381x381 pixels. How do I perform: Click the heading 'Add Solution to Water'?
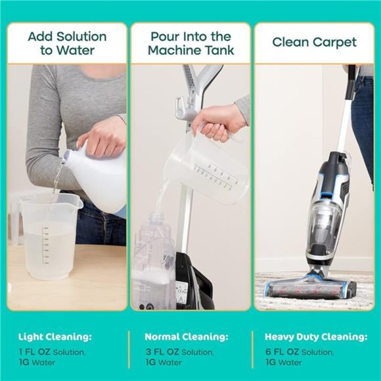[67, 43]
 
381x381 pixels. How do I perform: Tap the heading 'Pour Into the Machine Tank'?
[190, 43]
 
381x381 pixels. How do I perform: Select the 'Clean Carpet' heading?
[315, 43]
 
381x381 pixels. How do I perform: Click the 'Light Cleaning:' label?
[55, 337]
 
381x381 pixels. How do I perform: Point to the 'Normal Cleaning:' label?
[187, 337]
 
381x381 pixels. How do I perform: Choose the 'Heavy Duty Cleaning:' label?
[316, 337]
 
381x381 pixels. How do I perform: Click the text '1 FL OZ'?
[34, 351]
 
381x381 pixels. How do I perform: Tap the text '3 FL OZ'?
[162, 351]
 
